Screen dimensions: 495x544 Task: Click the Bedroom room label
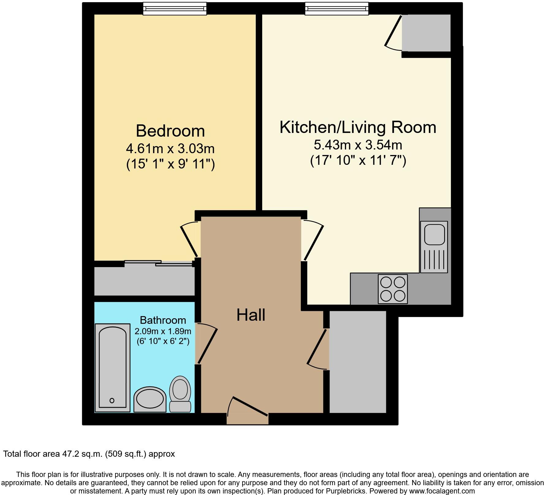[170, 131]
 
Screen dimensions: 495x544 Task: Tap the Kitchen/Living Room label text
[358, 127]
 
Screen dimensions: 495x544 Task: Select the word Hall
[251, 315]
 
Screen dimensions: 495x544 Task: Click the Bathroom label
[163, 320]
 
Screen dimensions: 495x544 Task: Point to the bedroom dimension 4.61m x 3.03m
[170, 149]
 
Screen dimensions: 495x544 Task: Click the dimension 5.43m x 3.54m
[358, 145]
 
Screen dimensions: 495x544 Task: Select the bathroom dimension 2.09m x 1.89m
[163, 331]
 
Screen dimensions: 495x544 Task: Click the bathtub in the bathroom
[112, 368]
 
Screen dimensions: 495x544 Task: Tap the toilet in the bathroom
[180, 394]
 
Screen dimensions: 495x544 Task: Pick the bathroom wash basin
[150, 399]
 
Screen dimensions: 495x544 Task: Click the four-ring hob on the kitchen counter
[393, 289]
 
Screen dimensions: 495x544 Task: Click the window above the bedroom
[175, 9]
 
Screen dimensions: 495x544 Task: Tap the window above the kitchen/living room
[337, 9]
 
